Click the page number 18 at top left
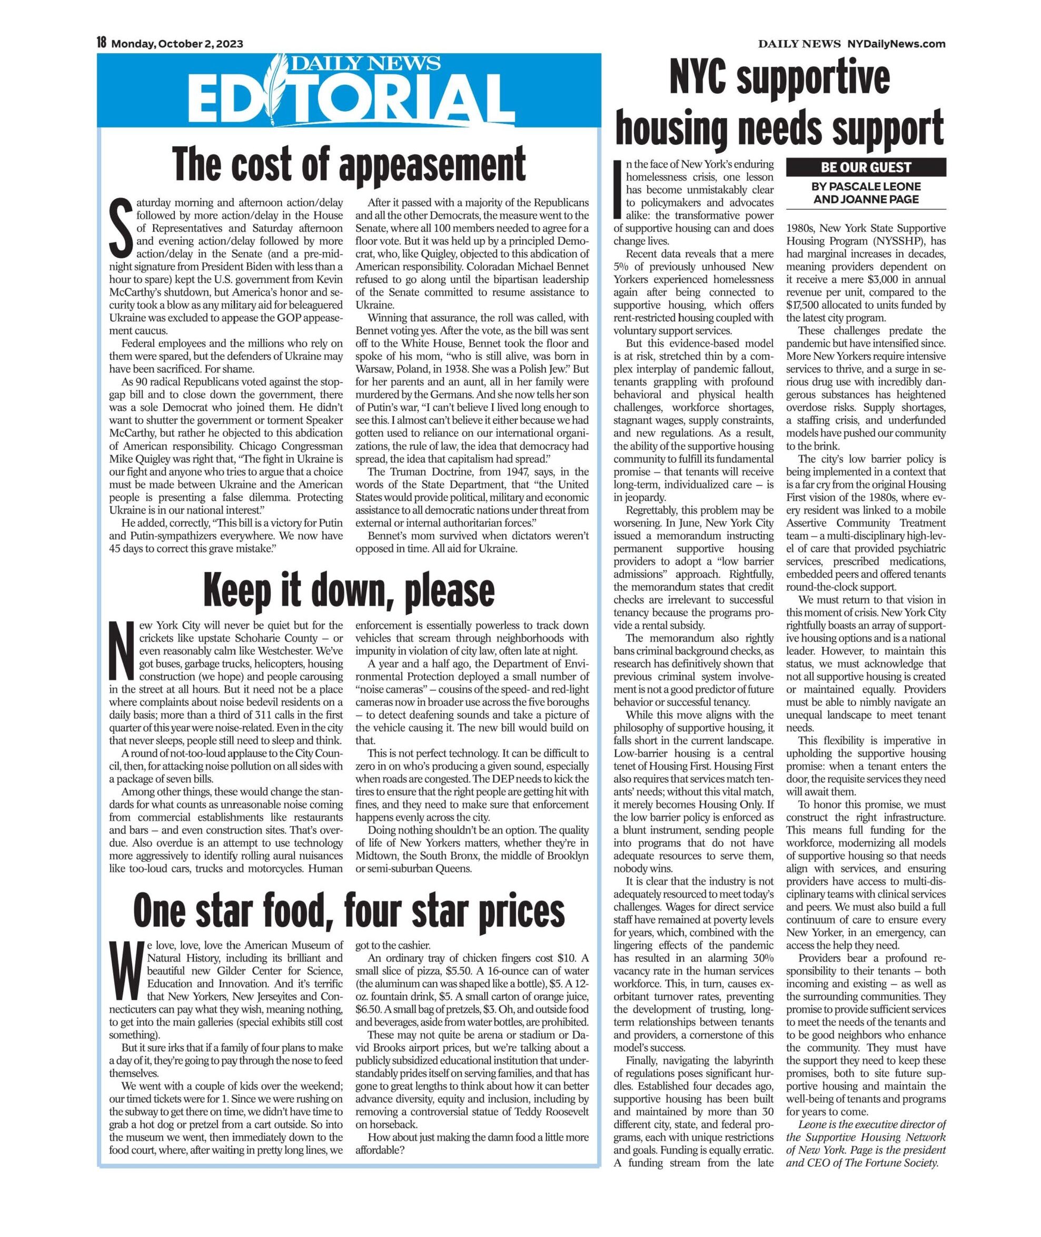pos(101,43)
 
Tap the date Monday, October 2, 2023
pos(177,44)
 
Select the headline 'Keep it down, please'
pos(349,588)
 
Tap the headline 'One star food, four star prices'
pos(349,911)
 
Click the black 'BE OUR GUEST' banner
pos(866,167)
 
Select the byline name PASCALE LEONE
pos(877,186)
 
